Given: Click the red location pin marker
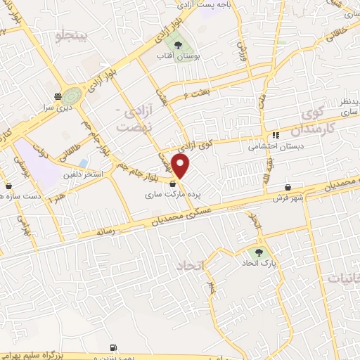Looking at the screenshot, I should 181,166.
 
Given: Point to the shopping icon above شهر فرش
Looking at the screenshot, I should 288,187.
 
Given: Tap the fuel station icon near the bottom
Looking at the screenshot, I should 112,347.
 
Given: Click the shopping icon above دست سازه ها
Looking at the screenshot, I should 8,186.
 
